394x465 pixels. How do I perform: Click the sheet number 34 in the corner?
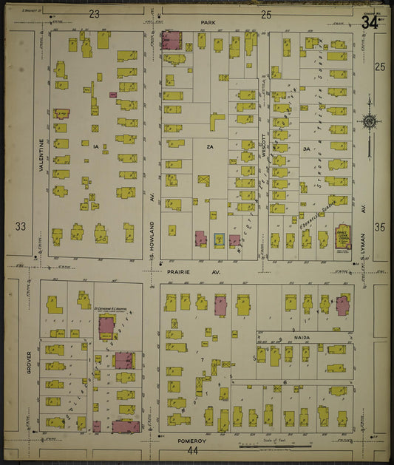[371, 21]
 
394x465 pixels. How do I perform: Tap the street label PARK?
[206, 23]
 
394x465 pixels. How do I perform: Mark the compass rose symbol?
[368, 121]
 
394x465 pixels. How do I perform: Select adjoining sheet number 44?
[193, 450]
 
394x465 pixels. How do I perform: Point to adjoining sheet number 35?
[379, 227]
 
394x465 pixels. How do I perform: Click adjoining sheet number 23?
[94, 14]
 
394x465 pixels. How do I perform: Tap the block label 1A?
[95, 147]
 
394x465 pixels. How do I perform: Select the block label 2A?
[210, 147]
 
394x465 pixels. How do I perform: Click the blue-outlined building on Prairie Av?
[219, 240]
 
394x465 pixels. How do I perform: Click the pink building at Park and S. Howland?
[172, 41]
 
